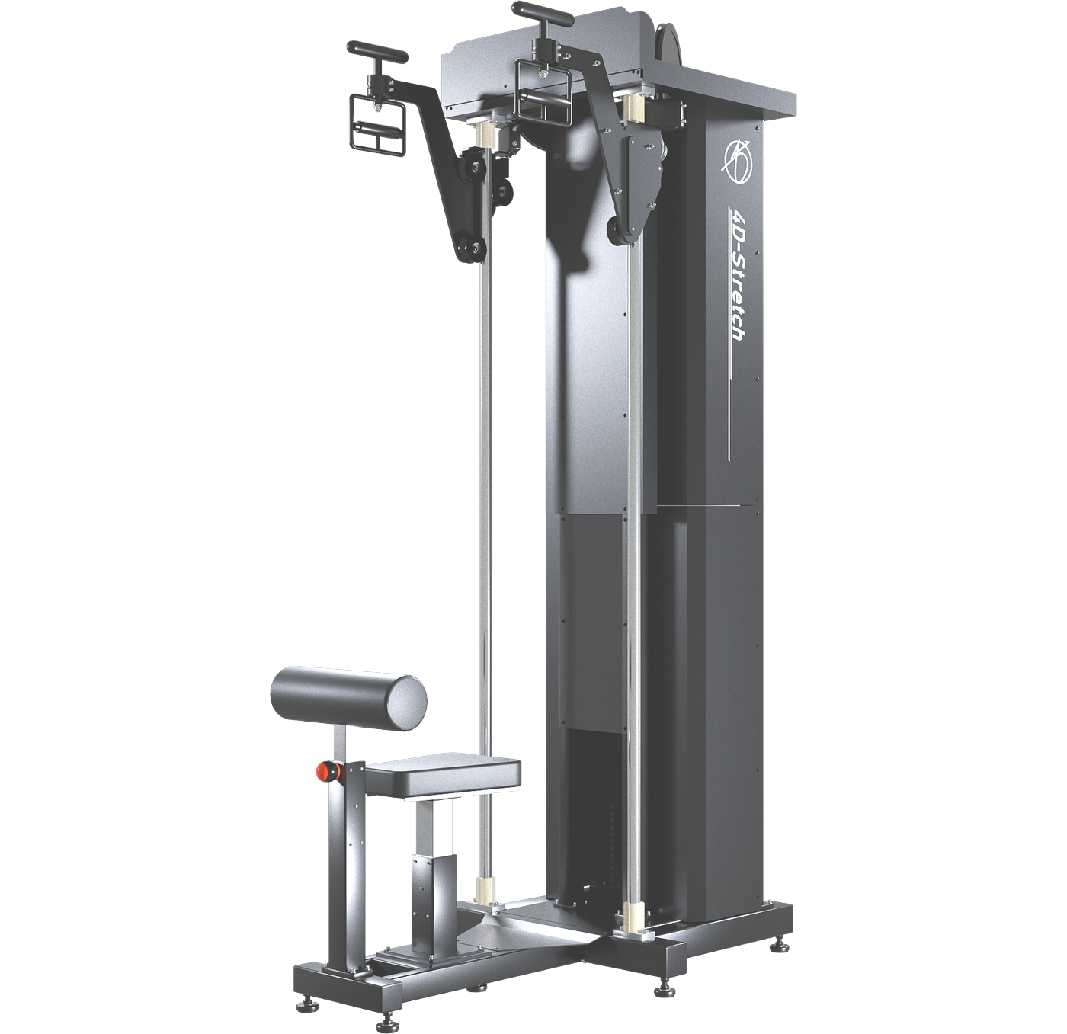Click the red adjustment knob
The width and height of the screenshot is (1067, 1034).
[x=328, y=771]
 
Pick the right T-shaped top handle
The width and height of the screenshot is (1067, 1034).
[x=543, y=17]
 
